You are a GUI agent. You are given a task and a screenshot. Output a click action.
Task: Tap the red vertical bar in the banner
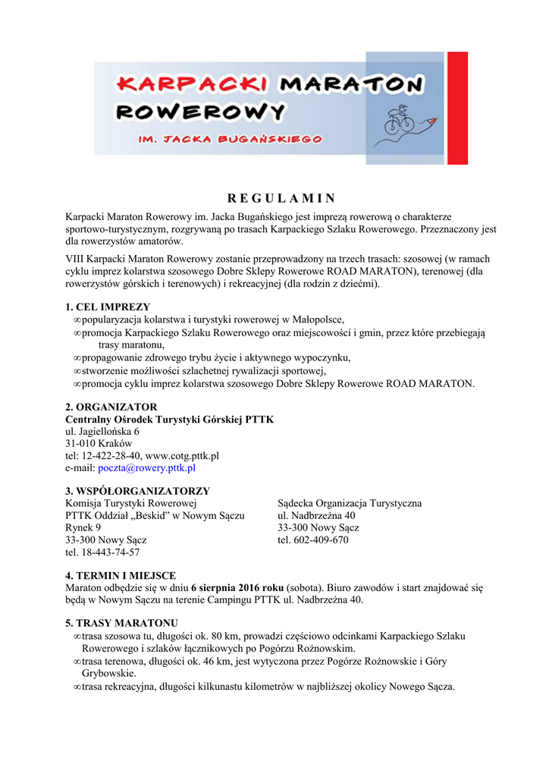pos(457,108)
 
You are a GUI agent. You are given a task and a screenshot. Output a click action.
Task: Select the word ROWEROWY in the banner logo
pos(201,113)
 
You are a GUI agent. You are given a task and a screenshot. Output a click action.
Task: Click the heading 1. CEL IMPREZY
pos(108,307)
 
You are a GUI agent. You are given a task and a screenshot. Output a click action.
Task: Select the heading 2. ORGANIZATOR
pos(111,407)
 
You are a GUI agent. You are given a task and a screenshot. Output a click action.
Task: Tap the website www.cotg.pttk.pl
pos(182,456)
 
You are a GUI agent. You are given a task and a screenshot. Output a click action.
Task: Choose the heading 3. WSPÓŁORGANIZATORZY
pos(137,491)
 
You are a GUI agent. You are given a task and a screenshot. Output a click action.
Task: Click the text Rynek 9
pos(83,528)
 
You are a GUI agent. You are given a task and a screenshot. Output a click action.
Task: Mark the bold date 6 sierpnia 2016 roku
pos(237,587)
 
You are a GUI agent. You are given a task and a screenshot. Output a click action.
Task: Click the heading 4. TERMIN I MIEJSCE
pos(121,576)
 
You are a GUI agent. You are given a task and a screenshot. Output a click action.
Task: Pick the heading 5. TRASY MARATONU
pos(121,623)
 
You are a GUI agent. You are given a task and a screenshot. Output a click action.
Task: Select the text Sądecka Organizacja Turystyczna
pos(350,503)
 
